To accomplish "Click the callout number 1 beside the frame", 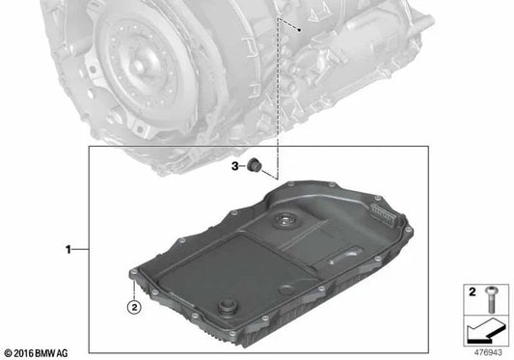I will [x=68, y=250].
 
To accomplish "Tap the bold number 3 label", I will [x=234, y=166].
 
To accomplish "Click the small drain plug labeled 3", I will [x=256, y=166].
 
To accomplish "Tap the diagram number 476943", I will [x=489, y=353].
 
